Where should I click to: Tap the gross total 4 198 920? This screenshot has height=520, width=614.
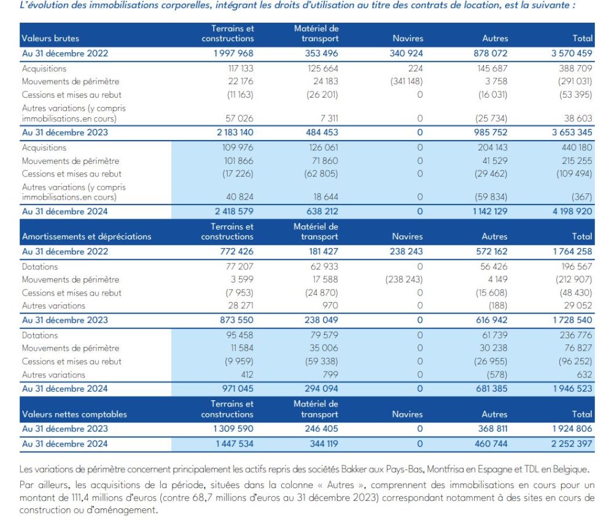[x=569, y=211]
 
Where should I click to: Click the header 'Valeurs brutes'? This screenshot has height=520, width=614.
[x=50, y=39]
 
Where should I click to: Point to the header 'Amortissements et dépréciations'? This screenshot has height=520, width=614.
[x=87, y=236]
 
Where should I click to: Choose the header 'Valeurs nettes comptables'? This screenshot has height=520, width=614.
[x=74, y=414]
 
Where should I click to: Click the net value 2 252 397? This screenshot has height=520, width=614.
[x=569, y=443]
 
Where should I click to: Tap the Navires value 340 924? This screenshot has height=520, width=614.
[x=406, y=53]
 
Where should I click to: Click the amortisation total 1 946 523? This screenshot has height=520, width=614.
[x=569, y=388]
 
